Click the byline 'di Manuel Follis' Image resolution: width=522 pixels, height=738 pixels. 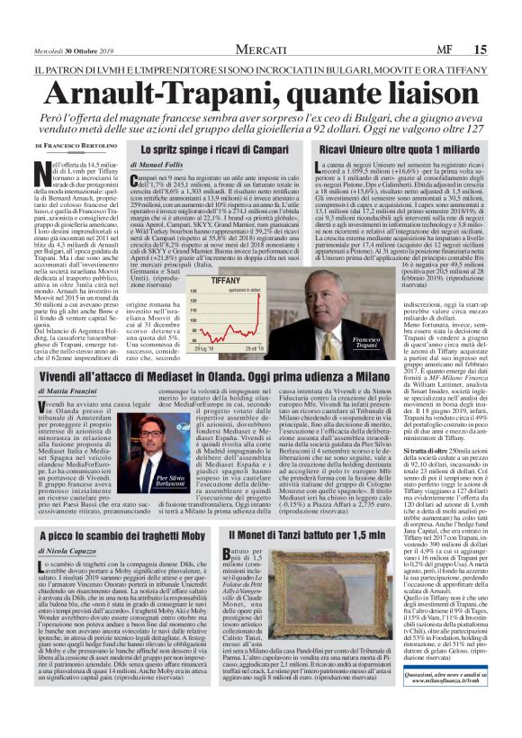(x=159, y=166)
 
